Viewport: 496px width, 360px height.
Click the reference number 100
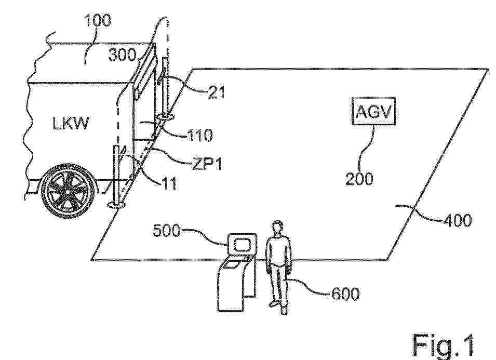[98, 20]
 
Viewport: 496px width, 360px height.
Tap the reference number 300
[122, 55]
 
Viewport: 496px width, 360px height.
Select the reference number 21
[217, 92]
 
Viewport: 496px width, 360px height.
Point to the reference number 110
[200, 136]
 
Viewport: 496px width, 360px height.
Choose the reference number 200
[359, 179]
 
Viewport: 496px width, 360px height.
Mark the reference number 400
[458, 220]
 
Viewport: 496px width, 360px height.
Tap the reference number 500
[166, 231]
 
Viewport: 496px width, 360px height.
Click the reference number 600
[345, 294]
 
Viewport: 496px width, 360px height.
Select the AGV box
[373, 111]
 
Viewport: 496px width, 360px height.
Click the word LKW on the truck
[71, 123]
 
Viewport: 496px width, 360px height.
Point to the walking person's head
[277, 228]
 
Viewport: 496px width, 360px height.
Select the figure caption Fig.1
[444, 345]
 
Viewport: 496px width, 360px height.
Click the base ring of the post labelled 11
[117, 205]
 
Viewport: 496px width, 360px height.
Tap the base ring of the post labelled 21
[165, 118]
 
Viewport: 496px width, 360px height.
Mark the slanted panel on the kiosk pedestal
[233, 264]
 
